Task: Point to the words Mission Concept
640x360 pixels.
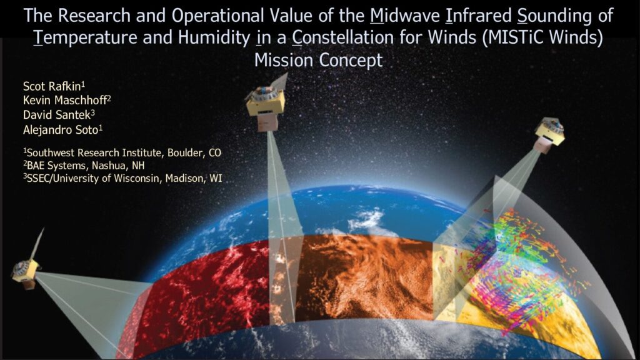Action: [x=318, y=61]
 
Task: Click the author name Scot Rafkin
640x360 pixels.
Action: [x=54, y=86]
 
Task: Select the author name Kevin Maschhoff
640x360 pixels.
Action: [x=67, y=100]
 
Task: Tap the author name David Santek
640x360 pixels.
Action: [x=59, y=115]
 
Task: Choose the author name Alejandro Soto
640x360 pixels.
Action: [x=62, y=130]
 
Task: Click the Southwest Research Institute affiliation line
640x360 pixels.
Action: [x=122, y=152]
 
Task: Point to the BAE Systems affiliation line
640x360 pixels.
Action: [x=84, y=165]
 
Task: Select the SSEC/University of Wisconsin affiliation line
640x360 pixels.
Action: [x=122, y=178]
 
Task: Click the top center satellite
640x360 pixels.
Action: [x=266, y=102]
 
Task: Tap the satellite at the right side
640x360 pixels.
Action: [x=550, y=135]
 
